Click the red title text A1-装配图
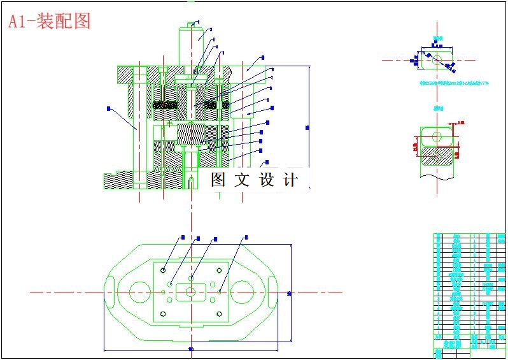pyautogui.click(x=49, y=21)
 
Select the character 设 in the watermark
pyautogui.click(x=266, y=180)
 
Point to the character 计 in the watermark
pyautogui.click(x=290, y=180)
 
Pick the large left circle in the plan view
pyautogui.click(x=139, y=292)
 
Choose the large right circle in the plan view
pyautogui.click(x=241, y=292)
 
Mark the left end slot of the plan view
pyautogui.click(x=110, y=292)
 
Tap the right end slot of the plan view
pyautogui.click(x=271, y=292)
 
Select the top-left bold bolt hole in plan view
pyautogui.click(x=164, y=270)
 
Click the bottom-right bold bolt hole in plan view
pyautogui.click(x=218, y=314)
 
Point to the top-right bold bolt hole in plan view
pyautogui.click(x=218, y=270)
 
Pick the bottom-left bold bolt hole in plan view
pyautogui.click(x=164, y=314)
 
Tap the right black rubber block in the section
pyautogui.click(x=223, y=104)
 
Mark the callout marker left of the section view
pyautogui.click(x=109, y=108)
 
